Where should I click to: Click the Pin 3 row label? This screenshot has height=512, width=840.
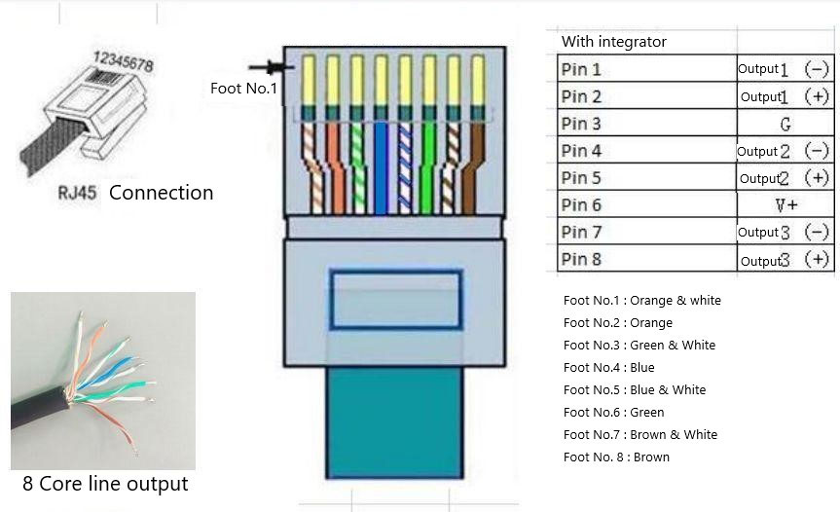(x=582, y=124)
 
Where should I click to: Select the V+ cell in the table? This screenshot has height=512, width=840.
(x=785, y=205)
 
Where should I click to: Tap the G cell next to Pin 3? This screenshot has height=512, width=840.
(x=785, y=124)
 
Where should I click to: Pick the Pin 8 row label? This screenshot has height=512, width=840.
(x=582, y=259)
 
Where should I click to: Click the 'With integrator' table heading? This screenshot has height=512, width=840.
(x=614, y=42)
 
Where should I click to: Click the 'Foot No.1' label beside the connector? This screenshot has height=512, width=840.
(x=243, y=89)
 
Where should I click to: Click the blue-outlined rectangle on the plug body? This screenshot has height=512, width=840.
(x=394, y=300)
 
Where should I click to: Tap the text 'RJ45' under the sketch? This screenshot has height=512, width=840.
(x=77, y=193)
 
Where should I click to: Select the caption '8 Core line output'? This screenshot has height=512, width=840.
(x=105, y=484)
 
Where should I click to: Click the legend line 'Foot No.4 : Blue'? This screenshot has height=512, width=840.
(x=608, y=367)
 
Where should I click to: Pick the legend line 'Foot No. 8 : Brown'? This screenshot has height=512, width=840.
(x=616, y=457)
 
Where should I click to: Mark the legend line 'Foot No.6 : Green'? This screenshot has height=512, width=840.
(x=613, y=412)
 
